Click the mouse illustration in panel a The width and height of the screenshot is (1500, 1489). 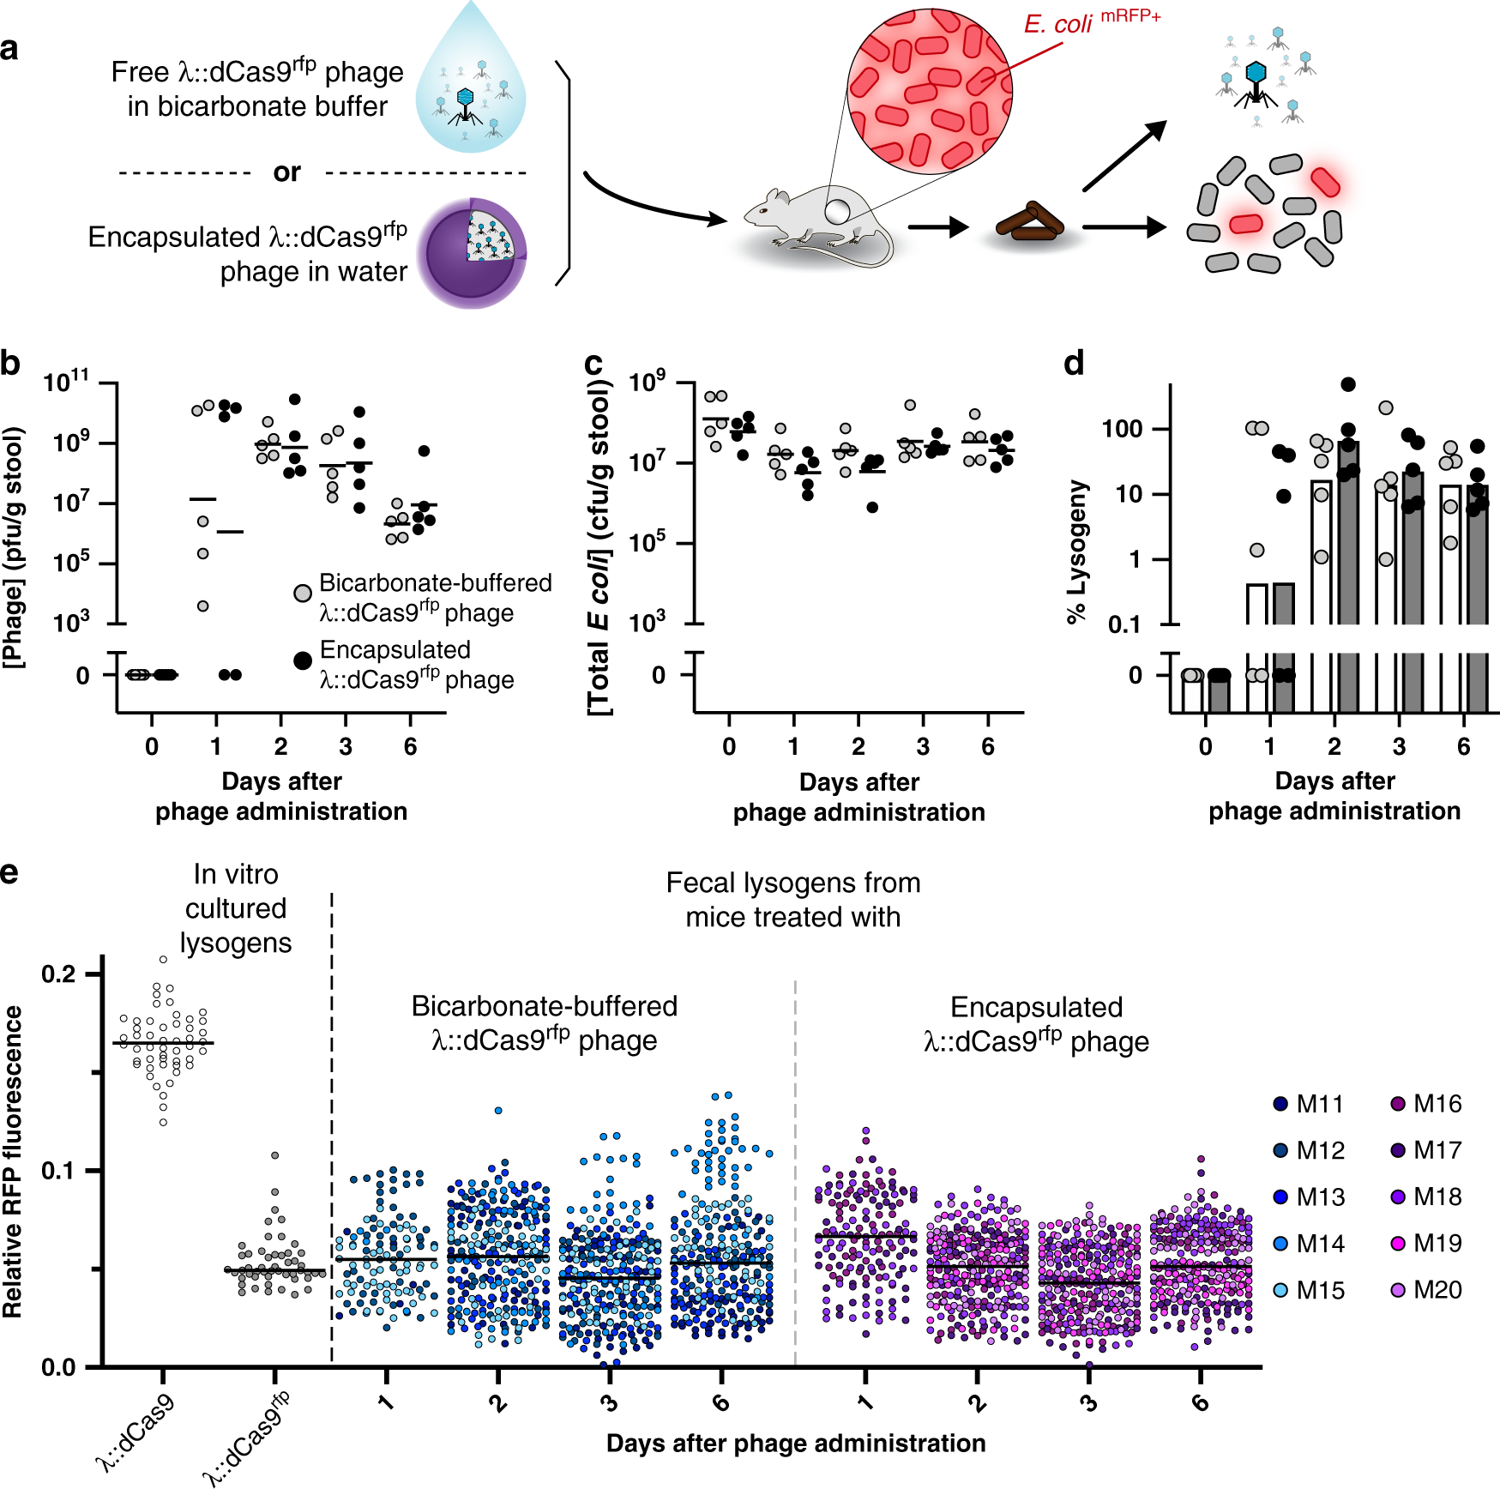point(815,223)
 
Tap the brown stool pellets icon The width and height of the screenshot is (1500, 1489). point(1030,225)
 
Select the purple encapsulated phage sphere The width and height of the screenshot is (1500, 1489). point(471,253)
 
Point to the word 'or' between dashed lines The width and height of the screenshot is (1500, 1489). point(286,172)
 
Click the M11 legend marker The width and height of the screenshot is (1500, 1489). point(1281,1104)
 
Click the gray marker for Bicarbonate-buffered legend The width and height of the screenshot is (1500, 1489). point(303,593)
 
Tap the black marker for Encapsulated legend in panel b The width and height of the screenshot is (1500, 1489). point(303,660)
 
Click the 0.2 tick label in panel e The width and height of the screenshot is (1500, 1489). point(58,974)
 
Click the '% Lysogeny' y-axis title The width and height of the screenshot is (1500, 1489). point(1077,550)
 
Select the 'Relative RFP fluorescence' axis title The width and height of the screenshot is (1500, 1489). point(13,1162)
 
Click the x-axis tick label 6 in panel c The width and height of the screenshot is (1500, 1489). point(988,746)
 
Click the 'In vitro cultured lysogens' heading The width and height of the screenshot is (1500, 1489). point(236,908)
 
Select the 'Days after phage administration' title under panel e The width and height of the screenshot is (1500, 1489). point(795,1443)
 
